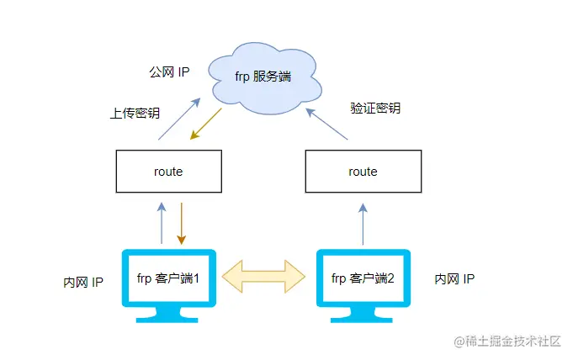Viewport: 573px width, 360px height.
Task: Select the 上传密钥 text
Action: pos(135,113)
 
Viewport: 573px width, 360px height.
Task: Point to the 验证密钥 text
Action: pos(374,109)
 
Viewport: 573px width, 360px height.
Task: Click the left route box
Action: pos(168,172)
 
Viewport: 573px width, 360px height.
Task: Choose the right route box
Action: pos(363,172)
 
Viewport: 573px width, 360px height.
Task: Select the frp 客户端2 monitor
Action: pos(363,278)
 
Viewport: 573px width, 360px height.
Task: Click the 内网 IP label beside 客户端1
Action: pos(83,282)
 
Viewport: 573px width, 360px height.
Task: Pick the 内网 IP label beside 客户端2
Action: pos(454,278)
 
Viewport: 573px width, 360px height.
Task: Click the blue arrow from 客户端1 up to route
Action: pos(161,222)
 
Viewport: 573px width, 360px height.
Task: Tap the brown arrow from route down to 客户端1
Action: pos(182,222)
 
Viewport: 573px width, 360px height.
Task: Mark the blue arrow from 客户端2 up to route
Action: pos(363,222)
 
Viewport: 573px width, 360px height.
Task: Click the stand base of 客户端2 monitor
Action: pos(363,317)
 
